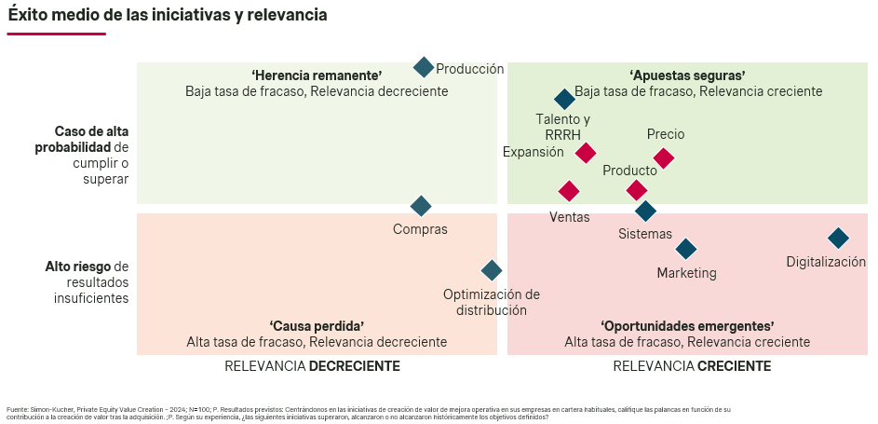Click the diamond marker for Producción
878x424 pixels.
click(424, 67)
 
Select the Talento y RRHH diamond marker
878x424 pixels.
click(564, 100)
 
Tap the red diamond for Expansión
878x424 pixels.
click(586, 153)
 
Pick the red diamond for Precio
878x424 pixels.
click(664, 158)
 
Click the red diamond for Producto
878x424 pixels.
click(637, 190)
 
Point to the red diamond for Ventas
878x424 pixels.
click(569, 191)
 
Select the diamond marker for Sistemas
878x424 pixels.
click(646, 212)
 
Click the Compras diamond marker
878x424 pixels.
click(421, 206)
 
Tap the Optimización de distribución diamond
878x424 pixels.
click(492, 270)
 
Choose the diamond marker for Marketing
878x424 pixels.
click(686, 249)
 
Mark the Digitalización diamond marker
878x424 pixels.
click(838, 239)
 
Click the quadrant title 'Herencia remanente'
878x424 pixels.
click(317, 75)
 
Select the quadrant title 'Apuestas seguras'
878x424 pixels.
click(687, 75)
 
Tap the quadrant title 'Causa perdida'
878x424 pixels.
click(317, 326)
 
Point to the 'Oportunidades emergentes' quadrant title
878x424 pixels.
click(687, 326)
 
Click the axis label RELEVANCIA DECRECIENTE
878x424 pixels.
click(312, 366)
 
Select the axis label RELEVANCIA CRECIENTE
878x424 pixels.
click(692, 366)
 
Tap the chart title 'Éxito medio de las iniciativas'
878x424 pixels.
click(168, 16)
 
